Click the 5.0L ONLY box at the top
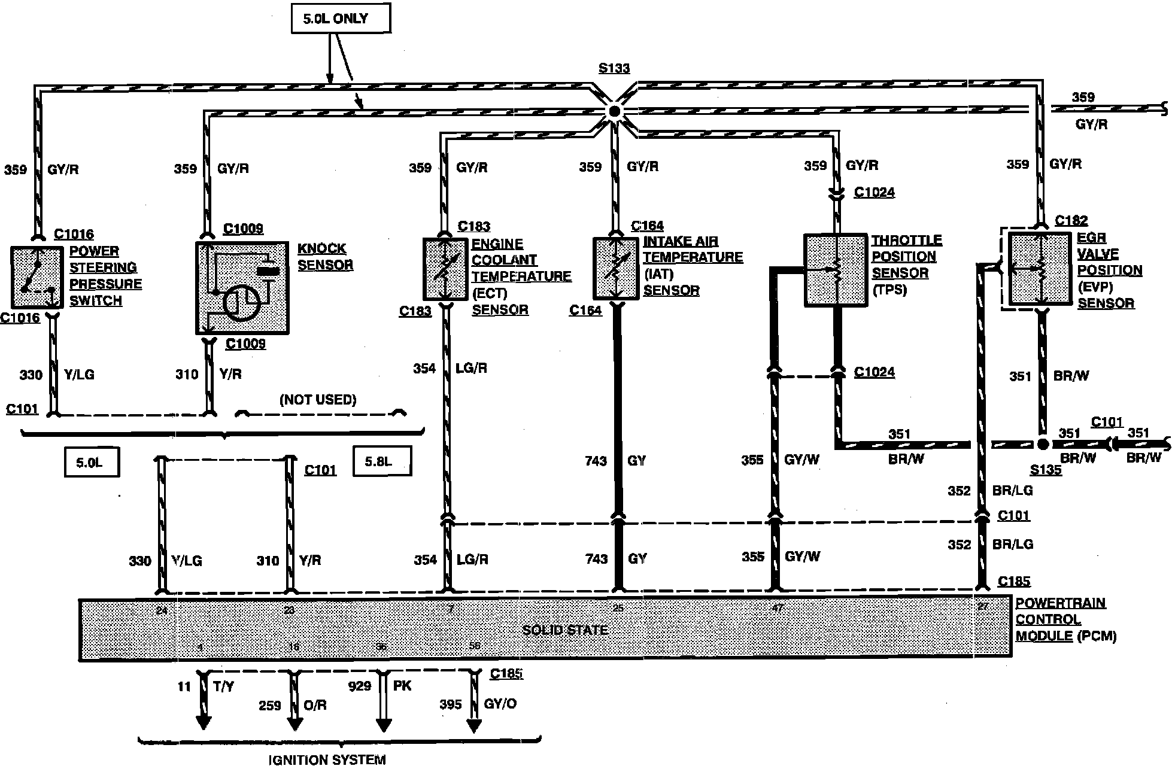(341, 18)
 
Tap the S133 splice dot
(614, 111)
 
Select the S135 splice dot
(1043, 444)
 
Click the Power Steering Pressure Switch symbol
(37, 277)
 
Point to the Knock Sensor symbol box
(242, 287)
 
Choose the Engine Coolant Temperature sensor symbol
(445, 269)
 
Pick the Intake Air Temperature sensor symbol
(615, 268)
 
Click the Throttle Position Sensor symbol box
(834, 270)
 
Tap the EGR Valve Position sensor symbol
(1040, 269)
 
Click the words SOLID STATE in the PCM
(564, 630)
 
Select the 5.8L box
(382, 461)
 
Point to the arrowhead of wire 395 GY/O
(474, 725)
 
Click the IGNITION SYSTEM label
(327, 759)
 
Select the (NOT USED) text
(318, 400)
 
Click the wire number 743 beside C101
(596, 461)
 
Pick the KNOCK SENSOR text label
(325, 257)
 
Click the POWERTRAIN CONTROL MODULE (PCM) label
(1065, 619)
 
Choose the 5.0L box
(92, 462)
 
